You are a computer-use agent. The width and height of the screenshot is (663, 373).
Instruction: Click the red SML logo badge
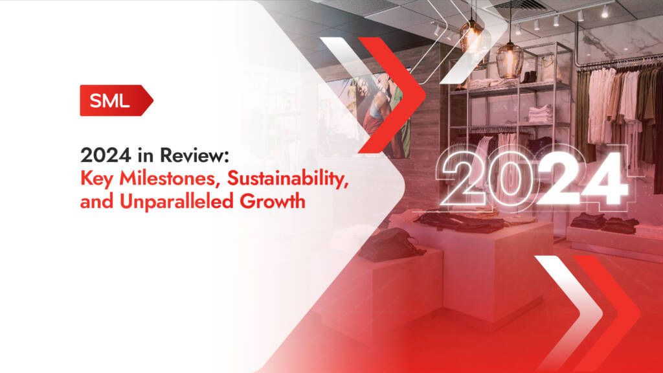[117, 100]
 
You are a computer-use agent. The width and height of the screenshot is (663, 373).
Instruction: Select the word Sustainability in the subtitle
[288, 179]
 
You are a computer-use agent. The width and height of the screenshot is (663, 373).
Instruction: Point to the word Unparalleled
[176, 201]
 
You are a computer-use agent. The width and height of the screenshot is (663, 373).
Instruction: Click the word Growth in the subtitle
[273, 201]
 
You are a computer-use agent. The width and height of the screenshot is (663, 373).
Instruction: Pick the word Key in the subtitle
[97, 179]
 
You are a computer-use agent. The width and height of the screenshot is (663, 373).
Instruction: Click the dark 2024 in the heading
[106, 155]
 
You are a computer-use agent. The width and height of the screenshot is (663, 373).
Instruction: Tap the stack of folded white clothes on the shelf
[539, 114]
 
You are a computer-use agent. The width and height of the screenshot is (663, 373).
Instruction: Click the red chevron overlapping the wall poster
[390, 95]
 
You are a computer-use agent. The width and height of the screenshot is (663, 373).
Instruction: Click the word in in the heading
[146, 155]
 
